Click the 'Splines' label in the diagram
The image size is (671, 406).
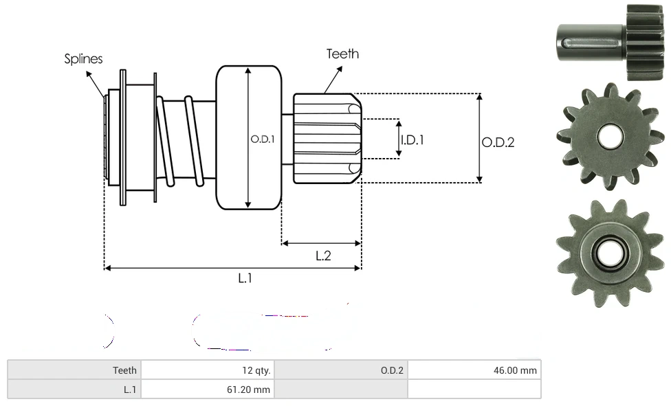83,59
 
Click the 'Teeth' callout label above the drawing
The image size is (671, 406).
342,54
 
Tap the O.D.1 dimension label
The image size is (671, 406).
262,139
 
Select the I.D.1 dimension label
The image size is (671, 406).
412,139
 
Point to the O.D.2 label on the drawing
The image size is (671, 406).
498,142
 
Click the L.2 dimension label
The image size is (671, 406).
323,256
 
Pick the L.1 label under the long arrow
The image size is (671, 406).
245,278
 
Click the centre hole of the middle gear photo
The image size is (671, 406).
608,136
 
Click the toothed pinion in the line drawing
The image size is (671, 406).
326,138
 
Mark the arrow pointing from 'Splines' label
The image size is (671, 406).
96,80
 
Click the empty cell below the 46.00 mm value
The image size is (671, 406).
474,390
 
